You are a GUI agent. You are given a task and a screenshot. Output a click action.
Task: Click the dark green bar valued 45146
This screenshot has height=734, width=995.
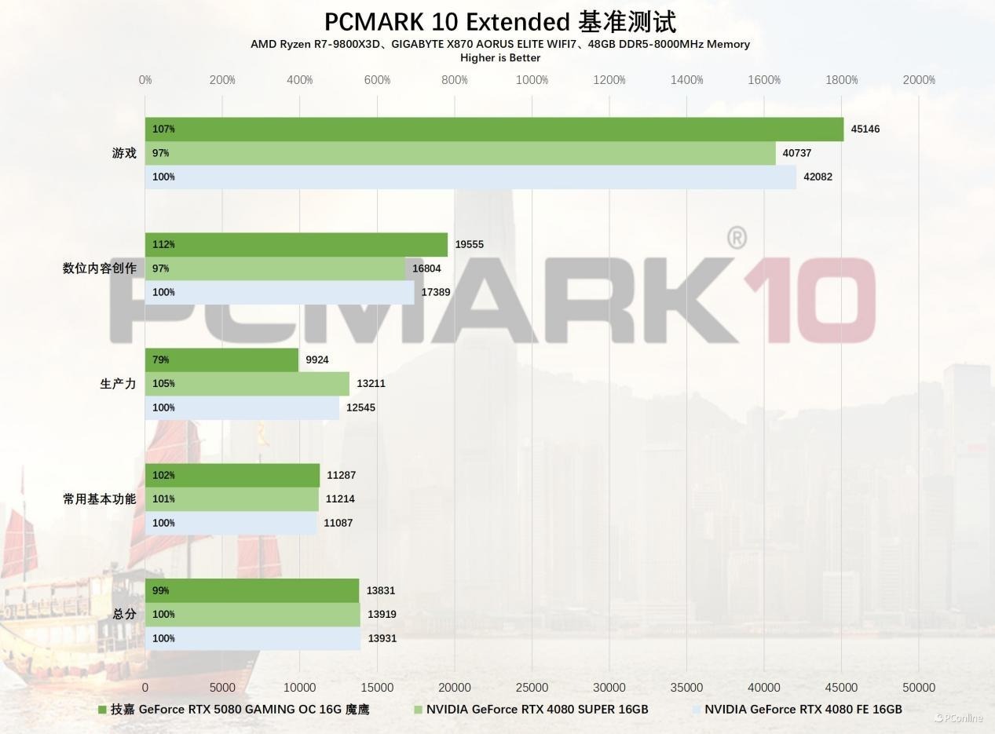(494, 129)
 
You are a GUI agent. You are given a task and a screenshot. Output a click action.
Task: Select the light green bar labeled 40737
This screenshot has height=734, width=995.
(460, 153)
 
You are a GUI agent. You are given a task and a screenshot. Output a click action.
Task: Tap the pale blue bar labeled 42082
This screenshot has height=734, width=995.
(470, 177)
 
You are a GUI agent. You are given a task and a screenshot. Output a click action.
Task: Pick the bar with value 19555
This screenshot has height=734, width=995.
(296, 244)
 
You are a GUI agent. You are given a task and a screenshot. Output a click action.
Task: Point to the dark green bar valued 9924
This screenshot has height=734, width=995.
(221, 360)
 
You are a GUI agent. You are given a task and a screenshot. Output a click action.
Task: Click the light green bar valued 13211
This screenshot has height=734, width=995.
(247, 384)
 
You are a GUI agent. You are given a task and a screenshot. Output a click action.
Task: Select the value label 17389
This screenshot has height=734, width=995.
(436, 292)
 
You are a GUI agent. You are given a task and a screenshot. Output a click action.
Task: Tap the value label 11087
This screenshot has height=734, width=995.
(338, 523)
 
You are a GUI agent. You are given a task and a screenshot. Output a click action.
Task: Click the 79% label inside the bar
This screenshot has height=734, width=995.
(161, 360)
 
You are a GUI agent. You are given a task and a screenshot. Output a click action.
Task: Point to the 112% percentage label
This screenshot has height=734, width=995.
(163, 244)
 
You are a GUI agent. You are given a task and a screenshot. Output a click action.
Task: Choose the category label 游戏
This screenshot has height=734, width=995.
(124, 153)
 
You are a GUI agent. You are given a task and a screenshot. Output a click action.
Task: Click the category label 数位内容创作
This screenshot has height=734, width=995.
(100, 268)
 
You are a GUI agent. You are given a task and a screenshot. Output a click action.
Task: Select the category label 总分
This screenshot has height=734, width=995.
(124, 614)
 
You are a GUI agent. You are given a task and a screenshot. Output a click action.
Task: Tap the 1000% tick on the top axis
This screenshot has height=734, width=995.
(532, 80)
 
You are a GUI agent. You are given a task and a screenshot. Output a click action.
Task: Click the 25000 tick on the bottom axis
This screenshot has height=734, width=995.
(532, 688)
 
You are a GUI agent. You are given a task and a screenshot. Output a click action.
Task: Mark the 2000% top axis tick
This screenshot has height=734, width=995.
(919, 80)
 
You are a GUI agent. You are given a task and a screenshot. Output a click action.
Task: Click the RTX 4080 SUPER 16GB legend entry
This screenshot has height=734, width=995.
(537, 710)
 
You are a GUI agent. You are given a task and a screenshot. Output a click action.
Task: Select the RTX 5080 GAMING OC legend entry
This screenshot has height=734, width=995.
(240, 710)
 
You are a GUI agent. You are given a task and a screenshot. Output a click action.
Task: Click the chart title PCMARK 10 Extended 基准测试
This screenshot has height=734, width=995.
(500, 21)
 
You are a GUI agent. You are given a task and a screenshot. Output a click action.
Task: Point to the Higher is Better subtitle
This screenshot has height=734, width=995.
(500, 57)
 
